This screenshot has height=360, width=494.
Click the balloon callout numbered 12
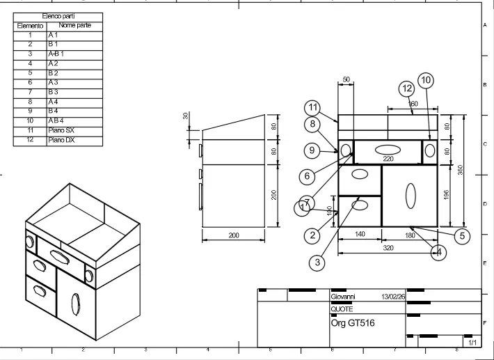(407, 88)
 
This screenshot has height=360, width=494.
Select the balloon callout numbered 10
(425, 80)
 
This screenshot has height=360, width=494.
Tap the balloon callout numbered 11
(313, 107)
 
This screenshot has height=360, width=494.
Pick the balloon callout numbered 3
(317, 262)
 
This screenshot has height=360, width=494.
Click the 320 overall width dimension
(387, 247)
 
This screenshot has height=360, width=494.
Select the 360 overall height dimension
(461, 171)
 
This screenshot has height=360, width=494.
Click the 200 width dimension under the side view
(234, 236)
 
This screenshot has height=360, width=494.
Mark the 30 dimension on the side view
(186, 116)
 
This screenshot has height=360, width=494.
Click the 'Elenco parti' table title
(58, 15)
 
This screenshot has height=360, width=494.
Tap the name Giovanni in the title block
(342, 296)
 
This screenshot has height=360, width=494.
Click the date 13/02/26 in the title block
(393, 296)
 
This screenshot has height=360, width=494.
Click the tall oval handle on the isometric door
(75, 304)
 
